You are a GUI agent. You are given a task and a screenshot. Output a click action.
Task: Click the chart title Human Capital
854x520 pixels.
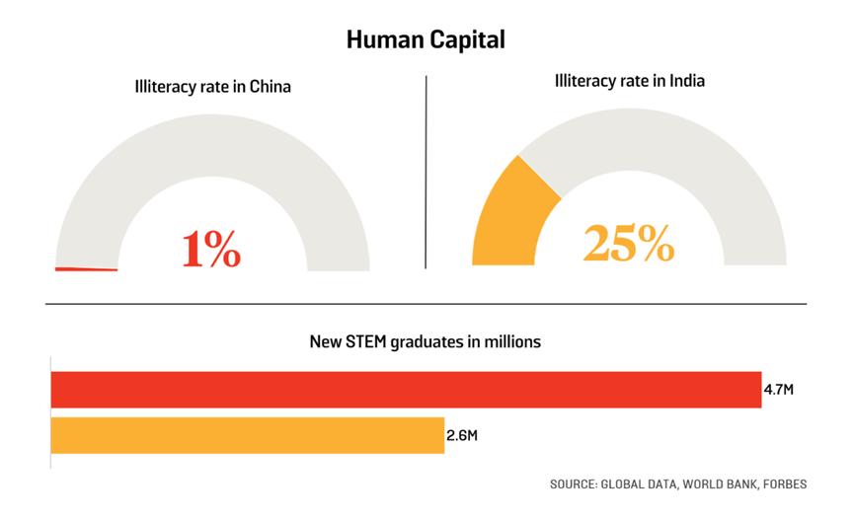coord(426,40)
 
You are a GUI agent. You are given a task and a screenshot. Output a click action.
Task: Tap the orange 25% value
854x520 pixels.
coord(628,243)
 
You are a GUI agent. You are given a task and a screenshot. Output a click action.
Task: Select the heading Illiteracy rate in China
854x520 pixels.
coord(213,87)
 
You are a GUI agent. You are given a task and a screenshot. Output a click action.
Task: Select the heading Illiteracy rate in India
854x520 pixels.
coord(628,80)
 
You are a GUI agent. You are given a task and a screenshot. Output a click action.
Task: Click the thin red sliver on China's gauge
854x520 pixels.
coord(86,268)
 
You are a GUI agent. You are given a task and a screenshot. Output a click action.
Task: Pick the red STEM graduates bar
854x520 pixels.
coord(406,390)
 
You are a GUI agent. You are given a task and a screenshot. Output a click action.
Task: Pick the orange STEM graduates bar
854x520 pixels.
coord(247,435)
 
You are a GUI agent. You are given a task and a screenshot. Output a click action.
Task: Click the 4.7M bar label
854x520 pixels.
coord(778,390)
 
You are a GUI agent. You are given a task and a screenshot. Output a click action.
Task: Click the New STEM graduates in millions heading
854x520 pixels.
coord(426,343)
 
